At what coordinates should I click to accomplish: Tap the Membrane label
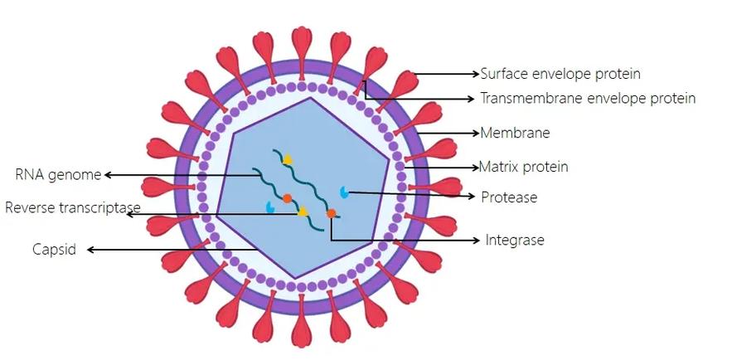pos(516,133)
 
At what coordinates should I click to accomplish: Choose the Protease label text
pos(509,197)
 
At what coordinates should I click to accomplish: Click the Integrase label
pos(515,240)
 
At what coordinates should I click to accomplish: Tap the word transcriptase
pos(98,207)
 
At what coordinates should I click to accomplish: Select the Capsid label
pos(54,250)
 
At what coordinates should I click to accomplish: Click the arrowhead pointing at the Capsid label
pos(91,250)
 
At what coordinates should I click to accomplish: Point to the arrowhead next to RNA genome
pos(108,175)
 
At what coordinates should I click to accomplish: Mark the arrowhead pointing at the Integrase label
pos(476,240)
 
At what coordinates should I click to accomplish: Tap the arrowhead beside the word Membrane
pos(476,133)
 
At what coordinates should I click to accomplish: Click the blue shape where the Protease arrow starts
pos(345,192)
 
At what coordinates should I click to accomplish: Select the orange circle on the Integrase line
pos(332,213)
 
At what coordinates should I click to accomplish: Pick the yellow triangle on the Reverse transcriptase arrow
pos(303,212)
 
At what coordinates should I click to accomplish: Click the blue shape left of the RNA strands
pos(269,207)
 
